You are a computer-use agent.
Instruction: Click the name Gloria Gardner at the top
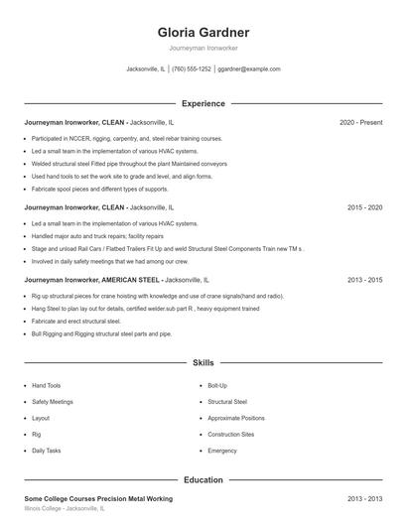tap(203, 32)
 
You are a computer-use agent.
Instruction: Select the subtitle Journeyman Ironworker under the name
tap(203, 48)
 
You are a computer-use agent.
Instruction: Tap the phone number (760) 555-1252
tap(192, 69)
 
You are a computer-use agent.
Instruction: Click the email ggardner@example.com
tap(249, 69)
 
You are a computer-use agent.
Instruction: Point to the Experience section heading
tap(203, 103)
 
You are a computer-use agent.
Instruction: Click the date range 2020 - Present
tap(360, 123)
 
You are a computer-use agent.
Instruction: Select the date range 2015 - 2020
tap(364, 208)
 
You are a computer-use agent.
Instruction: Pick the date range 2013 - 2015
tap(364, 281)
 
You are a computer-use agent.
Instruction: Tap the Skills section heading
tap(203, 364)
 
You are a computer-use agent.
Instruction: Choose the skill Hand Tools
tap(47, 385)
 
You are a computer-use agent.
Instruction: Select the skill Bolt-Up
tap(217, 385)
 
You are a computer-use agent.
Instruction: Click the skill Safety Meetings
tap(53, 402)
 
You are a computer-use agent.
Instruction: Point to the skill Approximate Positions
tap(236, 418)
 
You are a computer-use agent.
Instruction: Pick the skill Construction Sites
tap(231, 435)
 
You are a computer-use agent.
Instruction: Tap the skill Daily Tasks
tap(47, 451)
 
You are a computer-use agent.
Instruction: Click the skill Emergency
tap(222, 451)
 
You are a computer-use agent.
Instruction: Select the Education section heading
tap(203, 479)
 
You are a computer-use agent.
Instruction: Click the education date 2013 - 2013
tap(364, 498)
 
